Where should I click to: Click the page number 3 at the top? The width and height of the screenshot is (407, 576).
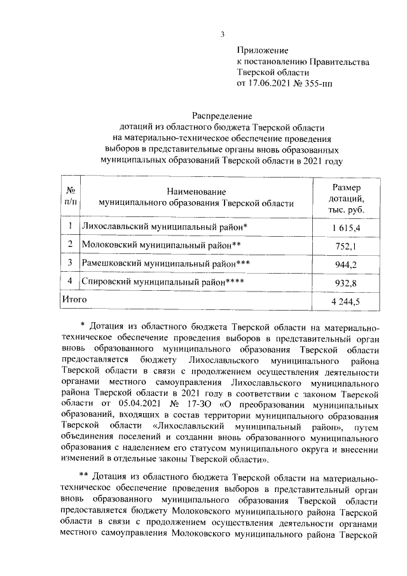coord(222,34)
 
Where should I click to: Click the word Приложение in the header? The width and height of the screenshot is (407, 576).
coord(262,50)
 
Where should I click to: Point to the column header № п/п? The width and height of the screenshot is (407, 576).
coord(72,197)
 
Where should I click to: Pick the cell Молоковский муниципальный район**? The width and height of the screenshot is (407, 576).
coord(163,244)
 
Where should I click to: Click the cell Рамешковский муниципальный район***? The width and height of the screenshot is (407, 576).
coord(166,262)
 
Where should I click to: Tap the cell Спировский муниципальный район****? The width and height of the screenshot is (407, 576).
coord(163,281)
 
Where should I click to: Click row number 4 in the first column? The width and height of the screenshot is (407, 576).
coord(70,281)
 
